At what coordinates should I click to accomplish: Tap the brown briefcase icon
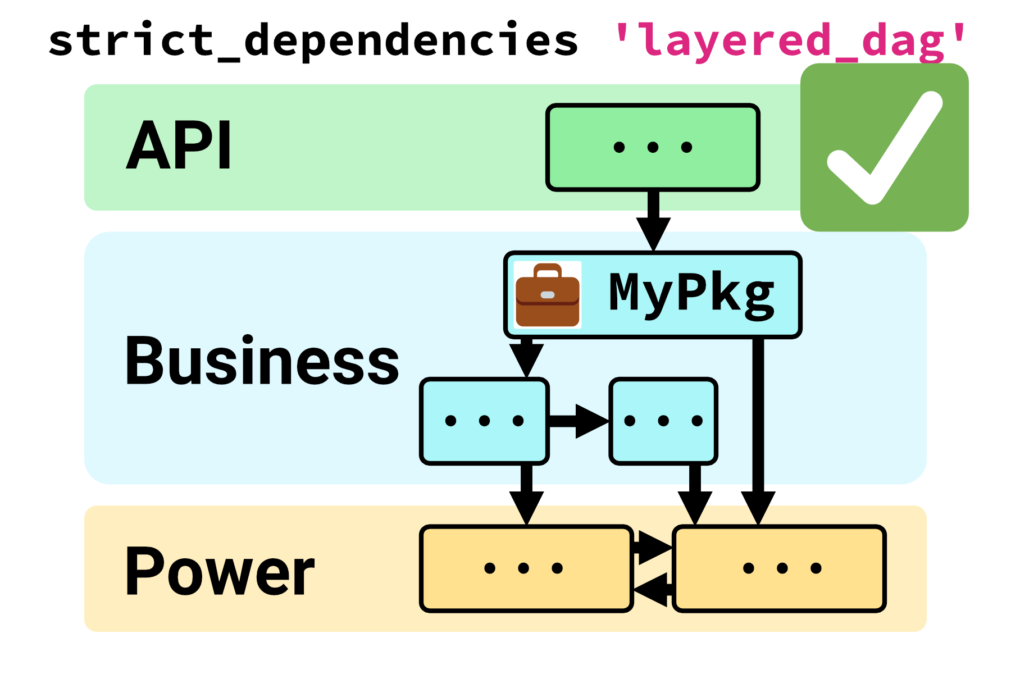click(x=547, y=295)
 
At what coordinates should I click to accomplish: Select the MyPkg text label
click(x=692, y=293)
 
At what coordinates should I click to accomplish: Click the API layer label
click(x=179, y=145)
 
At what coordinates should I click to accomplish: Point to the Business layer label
click(x=261, y=360)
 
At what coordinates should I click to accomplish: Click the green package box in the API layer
click(x=653, y=147)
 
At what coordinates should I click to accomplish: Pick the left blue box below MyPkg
click(x=484, y=421)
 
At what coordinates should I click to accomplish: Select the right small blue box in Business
click(x=663, y=421)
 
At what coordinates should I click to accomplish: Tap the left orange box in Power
click(x=526, y=568)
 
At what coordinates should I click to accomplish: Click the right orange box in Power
click(x=780, y=568)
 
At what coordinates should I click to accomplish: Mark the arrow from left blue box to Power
click(x=526, y=494)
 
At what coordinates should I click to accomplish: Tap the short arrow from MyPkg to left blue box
click(x=526, y=357)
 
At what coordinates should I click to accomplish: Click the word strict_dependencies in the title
click(x=313, y=40)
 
